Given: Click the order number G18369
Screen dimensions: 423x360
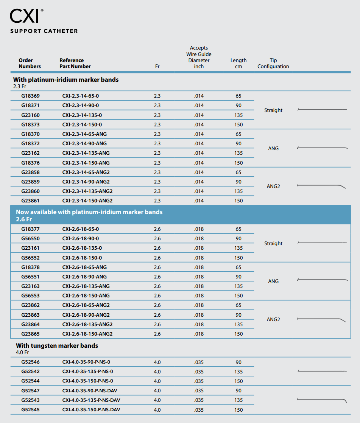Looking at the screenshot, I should (30, 96).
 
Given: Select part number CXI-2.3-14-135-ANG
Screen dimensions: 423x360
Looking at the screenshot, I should (86, 153).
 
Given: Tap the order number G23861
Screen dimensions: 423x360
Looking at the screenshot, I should (30, 201).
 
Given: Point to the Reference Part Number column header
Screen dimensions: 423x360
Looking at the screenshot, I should (75, 63).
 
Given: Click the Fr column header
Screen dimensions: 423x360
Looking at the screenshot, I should (157, 67).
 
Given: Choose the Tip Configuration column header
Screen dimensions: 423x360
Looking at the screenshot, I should (273, 63).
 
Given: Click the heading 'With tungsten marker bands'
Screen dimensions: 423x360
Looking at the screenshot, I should (57, 345).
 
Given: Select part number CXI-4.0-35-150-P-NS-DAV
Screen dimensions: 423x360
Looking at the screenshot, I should (91, 410).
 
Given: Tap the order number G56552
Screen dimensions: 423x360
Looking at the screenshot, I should (30, 258).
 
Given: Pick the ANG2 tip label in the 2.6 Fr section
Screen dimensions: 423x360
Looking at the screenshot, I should (273, 320).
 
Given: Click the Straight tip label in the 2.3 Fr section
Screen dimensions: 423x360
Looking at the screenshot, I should (273, 110).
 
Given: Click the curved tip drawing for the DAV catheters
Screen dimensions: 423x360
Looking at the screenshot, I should (322, 400).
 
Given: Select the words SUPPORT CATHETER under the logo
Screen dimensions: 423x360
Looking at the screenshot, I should (44, 31).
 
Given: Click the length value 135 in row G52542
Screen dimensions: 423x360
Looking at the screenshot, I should (238, 372).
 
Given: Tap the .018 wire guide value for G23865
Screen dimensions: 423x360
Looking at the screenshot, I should (199, 334).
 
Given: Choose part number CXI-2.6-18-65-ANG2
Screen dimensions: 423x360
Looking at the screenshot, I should (86, 305).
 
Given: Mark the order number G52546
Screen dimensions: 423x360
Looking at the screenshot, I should (30, 362).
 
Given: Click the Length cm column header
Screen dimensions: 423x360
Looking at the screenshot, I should (238, 63).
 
